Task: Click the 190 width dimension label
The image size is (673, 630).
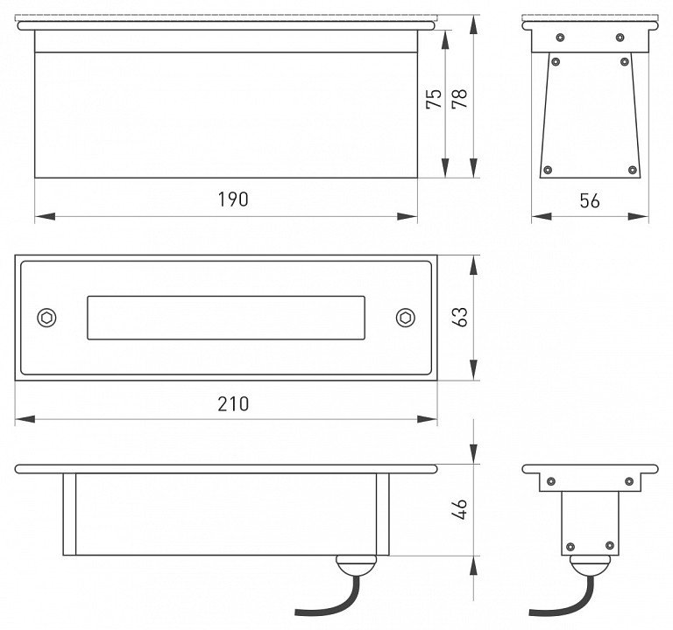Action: (x=233, y=199)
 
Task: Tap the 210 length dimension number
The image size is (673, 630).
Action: (x=233, y=404)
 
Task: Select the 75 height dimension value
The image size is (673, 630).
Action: (x=434, y=99)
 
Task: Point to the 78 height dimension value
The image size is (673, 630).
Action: (x=460, y=99)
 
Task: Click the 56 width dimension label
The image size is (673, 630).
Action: (x=590, y=201)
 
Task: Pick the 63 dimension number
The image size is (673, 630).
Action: (x=460, y=317)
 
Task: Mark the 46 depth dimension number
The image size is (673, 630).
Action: (x=460, y=509)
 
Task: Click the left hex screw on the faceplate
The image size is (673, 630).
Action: (x=46, y=318)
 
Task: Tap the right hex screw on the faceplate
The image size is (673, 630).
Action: (x=405, y=318)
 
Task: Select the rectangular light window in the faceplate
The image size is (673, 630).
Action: (x=226, y=318)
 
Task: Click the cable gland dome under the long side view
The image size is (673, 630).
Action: (x=356, y=564)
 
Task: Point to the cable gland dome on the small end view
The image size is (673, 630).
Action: (x=590, y=565)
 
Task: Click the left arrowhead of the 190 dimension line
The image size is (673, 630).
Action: (x=45, y=217)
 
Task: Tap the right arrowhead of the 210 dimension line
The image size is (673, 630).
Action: (x=427, y=419)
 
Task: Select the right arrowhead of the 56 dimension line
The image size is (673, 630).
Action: (x=638, y=217)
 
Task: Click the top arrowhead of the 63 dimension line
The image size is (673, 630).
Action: (x=473, y=265)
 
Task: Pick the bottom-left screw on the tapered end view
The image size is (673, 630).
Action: (x=548, y=170)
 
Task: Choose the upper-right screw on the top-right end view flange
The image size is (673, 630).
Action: (x=620, y=38)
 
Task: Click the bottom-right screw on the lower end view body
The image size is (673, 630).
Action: (x=610, y=546)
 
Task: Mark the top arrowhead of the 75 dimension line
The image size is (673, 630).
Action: (x=445, y=40)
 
